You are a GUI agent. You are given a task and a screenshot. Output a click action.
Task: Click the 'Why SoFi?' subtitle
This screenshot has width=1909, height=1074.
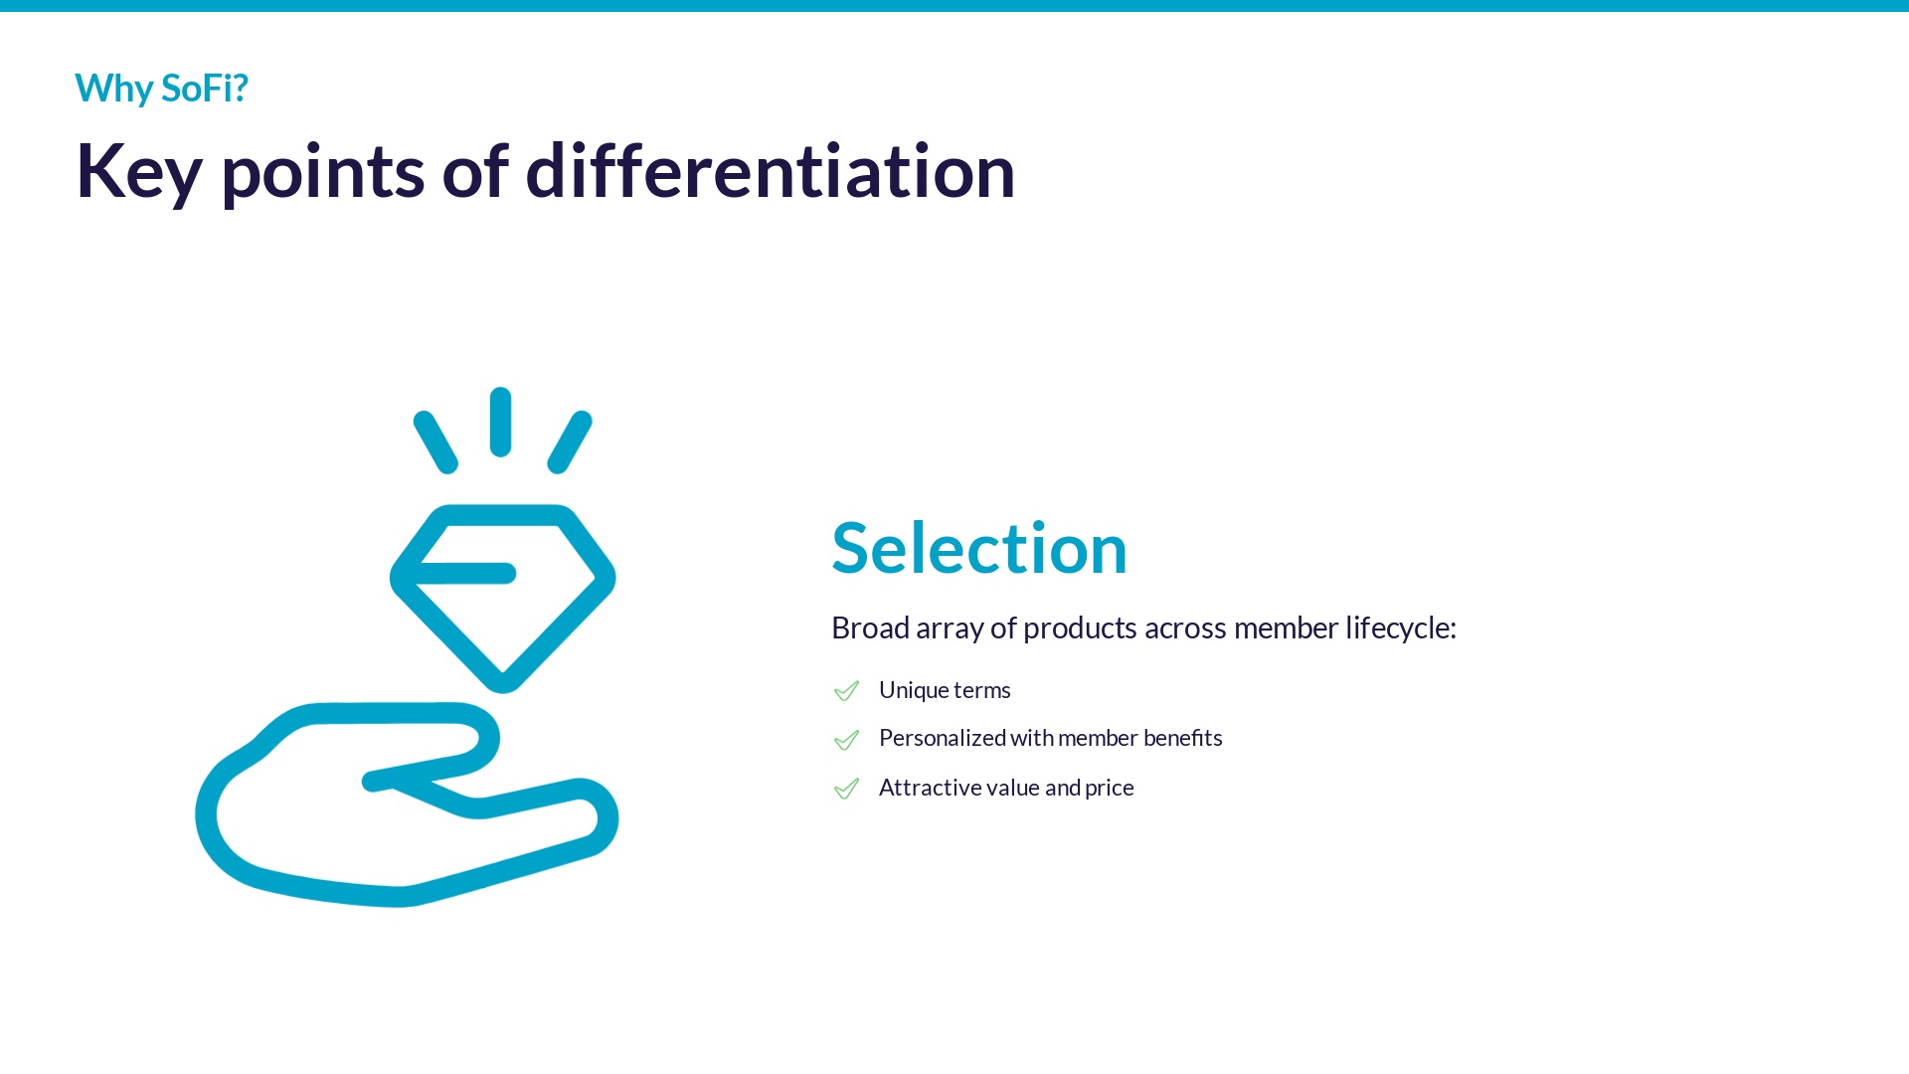161,89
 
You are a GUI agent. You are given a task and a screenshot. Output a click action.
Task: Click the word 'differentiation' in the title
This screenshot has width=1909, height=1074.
771,171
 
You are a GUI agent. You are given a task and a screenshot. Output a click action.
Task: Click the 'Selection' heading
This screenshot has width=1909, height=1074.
979,548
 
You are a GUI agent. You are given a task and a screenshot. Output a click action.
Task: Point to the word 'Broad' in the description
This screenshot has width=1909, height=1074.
870,628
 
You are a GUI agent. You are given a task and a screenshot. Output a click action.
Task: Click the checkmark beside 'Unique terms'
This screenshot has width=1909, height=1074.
846,690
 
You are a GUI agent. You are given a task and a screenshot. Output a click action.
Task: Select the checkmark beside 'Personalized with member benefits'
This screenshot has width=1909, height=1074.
846,739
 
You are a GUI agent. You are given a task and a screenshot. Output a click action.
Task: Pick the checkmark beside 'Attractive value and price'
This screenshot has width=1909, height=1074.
846,788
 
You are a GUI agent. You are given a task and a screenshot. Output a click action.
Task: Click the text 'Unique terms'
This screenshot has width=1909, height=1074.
945,691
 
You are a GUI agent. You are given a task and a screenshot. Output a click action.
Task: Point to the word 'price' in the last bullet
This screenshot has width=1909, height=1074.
1110,789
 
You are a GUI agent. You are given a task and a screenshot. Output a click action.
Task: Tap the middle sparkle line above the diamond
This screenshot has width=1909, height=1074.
501,422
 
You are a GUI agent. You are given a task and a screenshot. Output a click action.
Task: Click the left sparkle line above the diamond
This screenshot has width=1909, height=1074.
435,442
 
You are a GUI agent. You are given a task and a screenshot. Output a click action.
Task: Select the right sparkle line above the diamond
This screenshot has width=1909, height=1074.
570,442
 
